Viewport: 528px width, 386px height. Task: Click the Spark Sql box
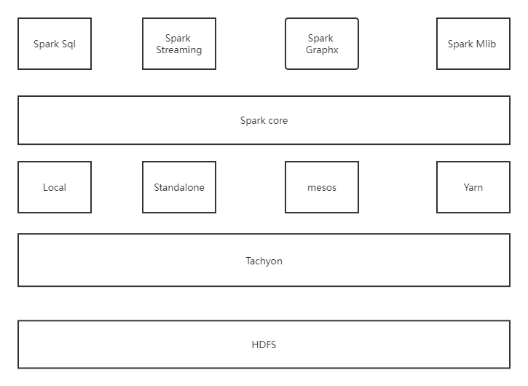coord(55,44)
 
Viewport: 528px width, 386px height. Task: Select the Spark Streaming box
coord(179,44)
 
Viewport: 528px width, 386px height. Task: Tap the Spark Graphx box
coord(322,44)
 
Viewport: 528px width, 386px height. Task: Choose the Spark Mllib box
coord(473,44)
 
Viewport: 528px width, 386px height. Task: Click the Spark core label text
coord(264,120)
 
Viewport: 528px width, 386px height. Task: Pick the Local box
coord(55,187)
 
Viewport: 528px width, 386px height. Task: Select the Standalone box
coord(179,187)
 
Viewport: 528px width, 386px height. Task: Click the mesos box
coord(322,187)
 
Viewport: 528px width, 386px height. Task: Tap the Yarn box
coord(473,187)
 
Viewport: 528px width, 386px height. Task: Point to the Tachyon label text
coord(264,260)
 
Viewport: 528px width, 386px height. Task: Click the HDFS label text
coord(264,344)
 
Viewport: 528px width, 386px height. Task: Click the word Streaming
coord(179,50)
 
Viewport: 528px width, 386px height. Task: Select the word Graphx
coord(322,50)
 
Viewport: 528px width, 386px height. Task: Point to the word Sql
coord(68,44)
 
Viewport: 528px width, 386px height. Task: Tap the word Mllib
coord(485,44)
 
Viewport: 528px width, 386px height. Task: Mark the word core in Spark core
coord(277,120)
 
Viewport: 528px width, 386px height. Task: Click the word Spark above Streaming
coord(178,39)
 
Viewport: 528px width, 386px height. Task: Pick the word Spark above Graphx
coord(320,39)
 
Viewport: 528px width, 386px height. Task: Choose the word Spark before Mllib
coord(460,44)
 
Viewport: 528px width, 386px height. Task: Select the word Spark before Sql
coord(46,44)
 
